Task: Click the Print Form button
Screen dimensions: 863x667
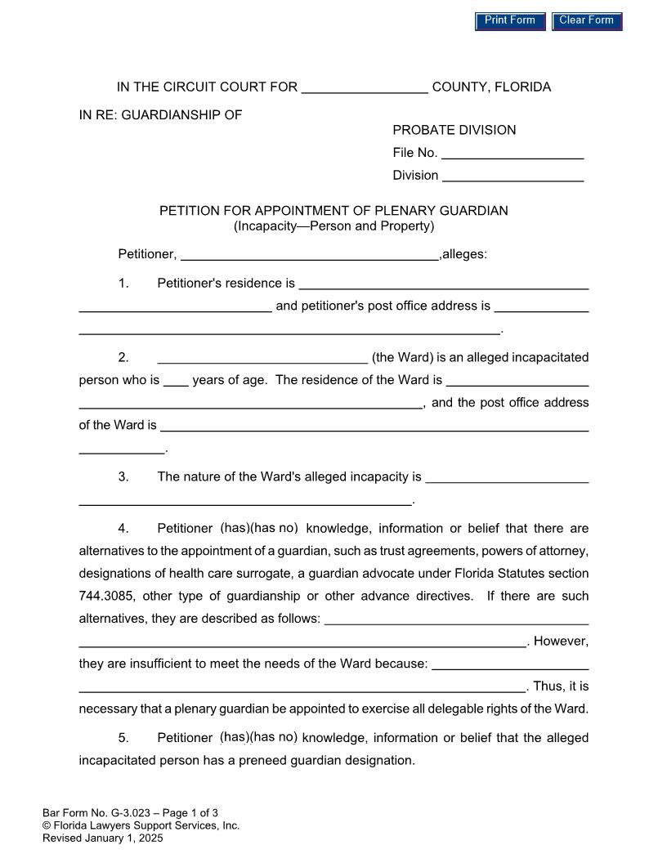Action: pos(510,21)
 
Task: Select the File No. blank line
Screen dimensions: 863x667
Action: pos(512,153)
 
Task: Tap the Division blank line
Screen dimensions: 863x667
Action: pos(512,176)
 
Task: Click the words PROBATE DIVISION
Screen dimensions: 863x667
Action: pos(454,130)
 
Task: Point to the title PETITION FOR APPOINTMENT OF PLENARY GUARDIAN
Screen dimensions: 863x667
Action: pos(333,211)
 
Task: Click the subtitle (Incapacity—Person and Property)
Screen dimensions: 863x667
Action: pos(333,226)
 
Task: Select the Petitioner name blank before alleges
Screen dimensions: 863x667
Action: pos(309,254)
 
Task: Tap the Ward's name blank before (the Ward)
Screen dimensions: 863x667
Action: pos(262,358)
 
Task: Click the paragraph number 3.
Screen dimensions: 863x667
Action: pos(123,477)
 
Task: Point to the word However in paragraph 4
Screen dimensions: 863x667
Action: pos(561,642)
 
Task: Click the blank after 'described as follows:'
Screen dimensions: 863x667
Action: pos(456,619)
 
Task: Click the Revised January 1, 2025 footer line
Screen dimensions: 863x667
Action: pos(103,838)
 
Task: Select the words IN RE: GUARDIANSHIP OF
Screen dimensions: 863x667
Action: pos(160,115)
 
